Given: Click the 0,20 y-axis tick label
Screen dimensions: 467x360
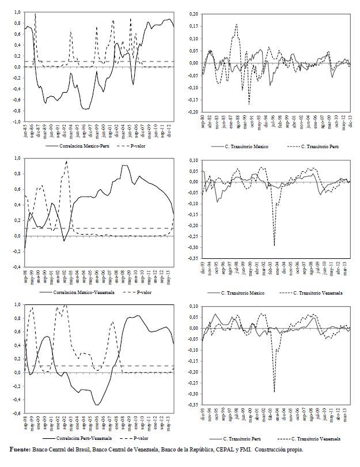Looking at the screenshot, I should point(192,13).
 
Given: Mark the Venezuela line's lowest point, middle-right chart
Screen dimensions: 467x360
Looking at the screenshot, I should point(274,246).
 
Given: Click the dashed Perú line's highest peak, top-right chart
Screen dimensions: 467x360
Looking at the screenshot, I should point(236,24).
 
